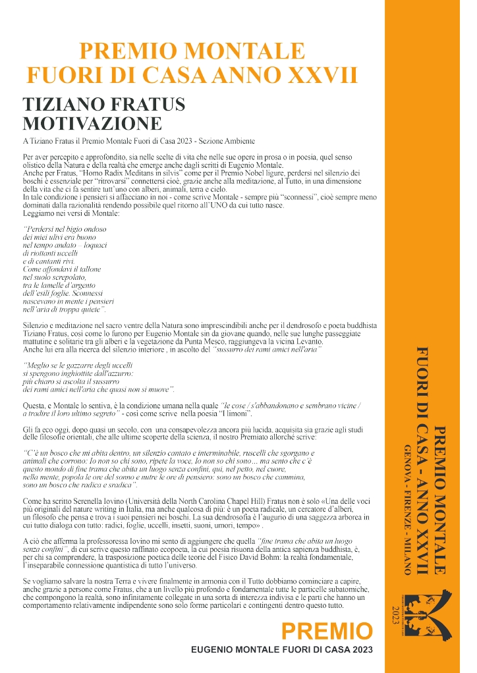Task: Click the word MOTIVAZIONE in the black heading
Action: click(92, 124)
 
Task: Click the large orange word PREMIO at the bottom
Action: click(327, 633)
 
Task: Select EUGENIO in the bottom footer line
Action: click(213, 650)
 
